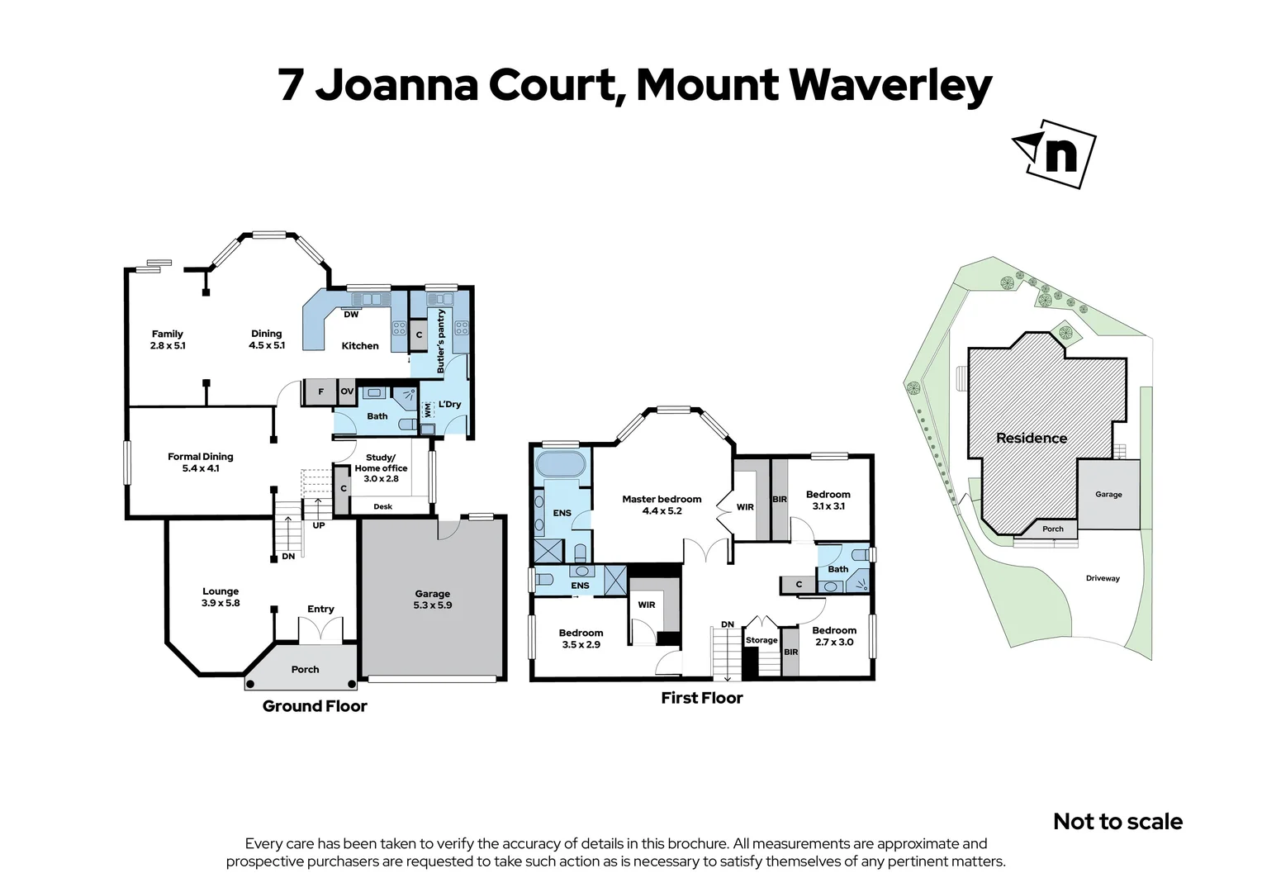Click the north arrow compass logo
(x=1055, y=154)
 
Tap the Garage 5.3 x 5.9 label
(x=433, y=600)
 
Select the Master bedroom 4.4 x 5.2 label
(x=662, y=505)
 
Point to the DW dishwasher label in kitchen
(x=351, y=315)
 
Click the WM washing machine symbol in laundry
(x=428, y=408)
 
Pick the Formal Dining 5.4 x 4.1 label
(x=201, y=463)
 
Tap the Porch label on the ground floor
(x=305, y=670)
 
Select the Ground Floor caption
(x=315, y=706)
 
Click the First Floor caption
(x=702, y=698)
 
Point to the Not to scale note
(x=1117, y=822)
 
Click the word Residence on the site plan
(x=1031, y=439)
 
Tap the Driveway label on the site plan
(x=1103, y=578)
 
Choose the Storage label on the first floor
(x=761, y=640)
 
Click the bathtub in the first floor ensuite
(x=561, y=463)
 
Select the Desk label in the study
(x=382, y=506)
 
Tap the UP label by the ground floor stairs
(x=319, y=525)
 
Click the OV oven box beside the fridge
(x=347, y=391)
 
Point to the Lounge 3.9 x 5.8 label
(x=221, y=597)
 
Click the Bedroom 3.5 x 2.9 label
(x=581, y=638)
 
